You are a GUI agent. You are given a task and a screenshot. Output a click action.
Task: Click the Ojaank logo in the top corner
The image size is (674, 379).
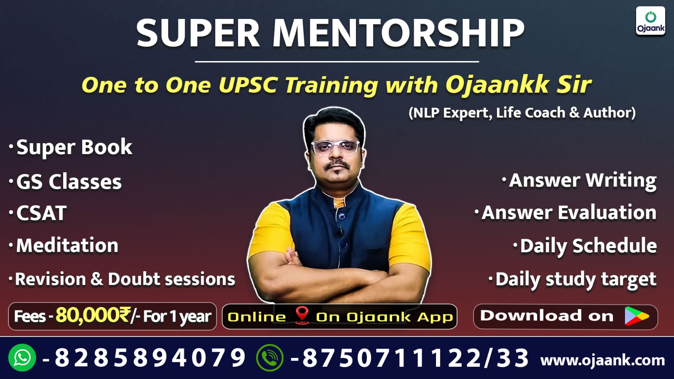[x=650, y=21]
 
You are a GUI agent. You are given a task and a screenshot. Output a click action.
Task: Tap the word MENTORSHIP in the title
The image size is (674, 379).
[x=398, y=33]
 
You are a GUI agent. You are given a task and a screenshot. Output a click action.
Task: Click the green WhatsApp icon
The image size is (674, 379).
[x=22, y=358]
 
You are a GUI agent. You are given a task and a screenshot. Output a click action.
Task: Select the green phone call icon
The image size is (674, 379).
[x=270, y=358]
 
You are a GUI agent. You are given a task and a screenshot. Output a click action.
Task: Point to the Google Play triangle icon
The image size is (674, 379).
[x=636, y=316]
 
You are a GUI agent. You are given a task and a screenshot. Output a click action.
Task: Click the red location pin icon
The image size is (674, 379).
[x=302, y=315]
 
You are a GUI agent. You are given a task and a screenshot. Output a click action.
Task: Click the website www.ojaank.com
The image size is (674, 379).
[x=602, y=360]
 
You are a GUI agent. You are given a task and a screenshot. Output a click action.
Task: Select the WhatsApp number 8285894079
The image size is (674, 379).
[x=150, y=358]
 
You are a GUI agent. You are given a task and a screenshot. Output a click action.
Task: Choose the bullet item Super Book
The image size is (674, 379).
[x=74, y=147]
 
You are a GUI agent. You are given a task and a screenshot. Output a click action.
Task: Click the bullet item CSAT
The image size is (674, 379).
[x=41, y=213]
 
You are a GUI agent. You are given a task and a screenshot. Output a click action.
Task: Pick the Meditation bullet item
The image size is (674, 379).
[x=67, y=246]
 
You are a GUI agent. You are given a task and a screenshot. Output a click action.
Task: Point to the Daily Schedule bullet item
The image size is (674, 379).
[x=588, y=246]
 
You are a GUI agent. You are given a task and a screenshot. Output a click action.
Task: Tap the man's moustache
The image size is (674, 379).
[x=337, y=165]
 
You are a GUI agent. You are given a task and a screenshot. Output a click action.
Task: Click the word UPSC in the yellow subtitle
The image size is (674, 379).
[x=248, y=85]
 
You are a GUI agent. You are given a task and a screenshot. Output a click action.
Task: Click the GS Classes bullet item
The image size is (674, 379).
[x=69, y=182]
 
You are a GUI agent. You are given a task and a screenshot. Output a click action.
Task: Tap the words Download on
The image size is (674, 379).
[x=547, y=316]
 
